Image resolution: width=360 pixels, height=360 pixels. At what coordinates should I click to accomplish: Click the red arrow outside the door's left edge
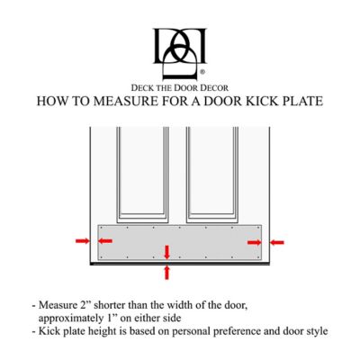coord(81,241)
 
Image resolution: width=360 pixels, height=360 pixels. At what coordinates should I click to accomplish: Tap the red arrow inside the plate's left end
coord(105,241)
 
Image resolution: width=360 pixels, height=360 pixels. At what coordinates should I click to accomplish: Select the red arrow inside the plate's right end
coord(253,241)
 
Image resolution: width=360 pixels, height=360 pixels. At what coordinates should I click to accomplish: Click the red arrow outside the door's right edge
coord(277,241)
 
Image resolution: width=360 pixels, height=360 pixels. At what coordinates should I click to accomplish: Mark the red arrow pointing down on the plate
coord(166,251)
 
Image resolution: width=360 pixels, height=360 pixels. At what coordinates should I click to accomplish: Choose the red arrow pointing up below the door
coord(166,273)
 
